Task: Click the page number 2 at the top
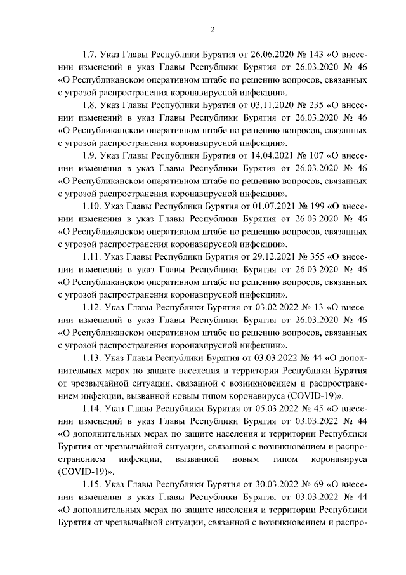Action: tap(213, 29)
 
